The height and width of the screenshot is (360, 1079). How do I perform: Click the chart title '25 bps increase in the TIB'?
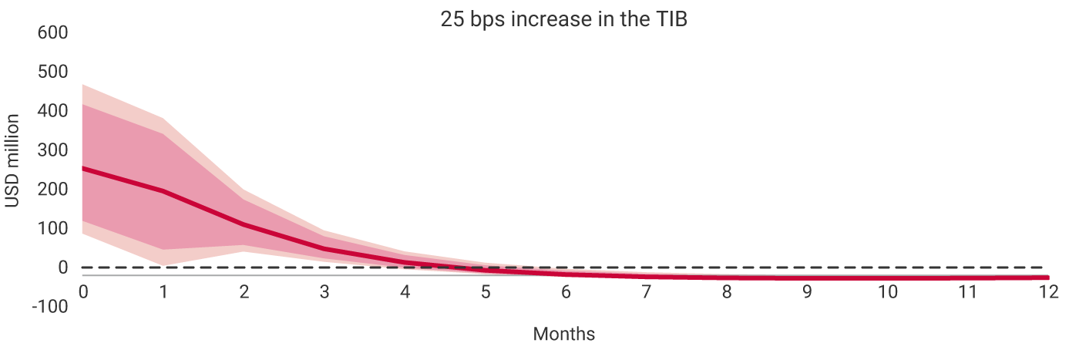(x=563, y=20)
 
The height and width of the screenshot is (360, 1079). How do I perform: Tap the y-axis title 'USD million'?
(x=13, y=161)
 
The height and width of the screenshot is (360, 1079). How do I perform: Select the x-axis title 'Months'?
(x=563, y=334)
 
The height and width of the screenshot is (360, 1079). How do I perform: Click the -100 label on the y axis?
(x=50, y=307)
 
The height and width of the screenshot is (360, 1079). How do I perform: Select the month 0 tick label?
(x=82, y=291)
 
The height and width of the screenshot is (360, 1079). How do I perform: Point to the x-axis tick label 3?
(x=324, y=291)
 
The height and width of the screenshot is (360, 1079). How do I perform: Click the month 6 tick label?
(x=566, y=291)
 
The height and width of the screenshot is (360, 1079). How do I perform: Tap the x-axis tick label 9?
(x=807, y=291)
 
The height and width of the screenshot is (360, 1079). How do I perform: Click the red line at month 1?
(x=163, y=190)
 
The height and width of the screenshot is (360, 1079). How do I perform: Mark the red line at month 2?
(x=244, y=224)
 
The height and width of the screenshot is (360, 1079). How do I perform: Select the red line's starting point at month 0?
(x=83, y=168)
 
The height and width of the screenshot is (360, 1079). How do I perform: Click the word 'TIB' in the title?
(x=670, y=20)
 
